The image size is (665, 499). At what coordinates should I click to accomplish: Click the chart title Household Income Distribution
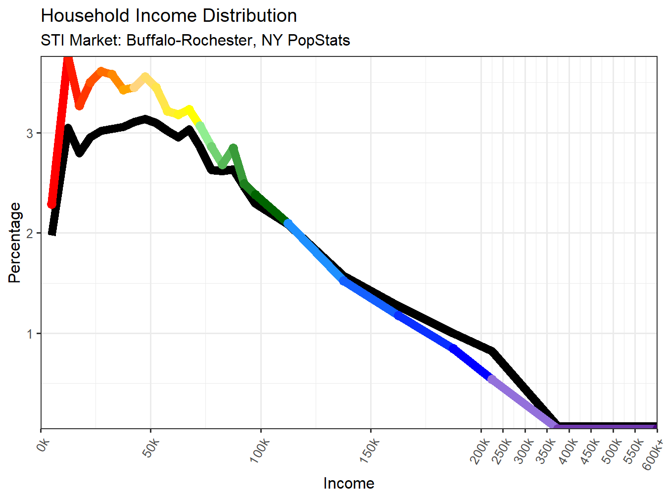coord(169,16)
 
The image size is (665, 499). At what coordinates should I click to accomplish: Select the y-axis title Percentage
coord(15,243)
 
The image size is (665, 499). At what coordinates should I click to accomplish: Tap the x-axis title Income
coord(349,483)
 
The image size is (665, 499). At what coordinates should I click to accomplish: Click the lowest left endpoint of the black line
coord(52,233)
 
